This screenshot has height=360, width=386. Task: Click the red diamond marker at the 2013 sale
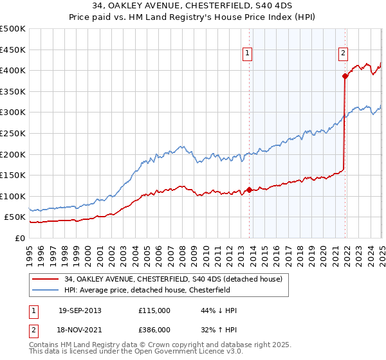coord(249,190)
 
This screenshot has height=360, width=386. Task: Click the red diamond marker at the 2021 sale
coord(345,76)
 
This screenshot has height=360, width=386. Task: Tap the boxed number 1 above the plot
coord(248,53)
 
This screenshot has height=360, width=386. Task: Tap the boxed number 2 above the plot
coord(344,53)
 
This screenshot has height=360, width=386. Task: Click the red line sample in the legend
coord(46,278)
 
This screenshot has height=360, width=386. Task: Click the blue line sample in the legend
coord(46,290)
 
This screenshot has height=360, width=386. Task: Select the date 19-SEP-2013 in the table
coord(80,310)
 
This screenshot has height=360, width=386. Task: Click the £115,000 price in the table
coord(154,310)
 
